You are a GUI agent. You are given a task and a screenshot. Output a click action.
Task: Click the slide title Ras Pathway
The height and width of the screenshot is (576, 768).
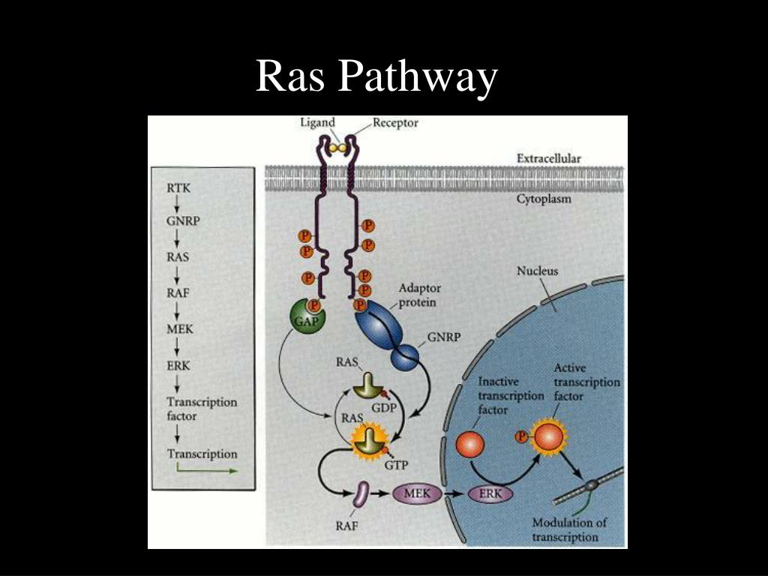pyautogui.click(x=376, y=77)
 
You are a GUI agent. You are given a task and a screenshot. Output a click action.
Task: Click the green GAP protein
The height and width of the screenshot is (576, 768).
pyautogui.click(x=304, y=319)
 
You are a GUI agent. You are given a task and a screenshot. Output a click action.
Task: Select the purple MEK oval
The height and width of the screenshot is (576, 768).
pyautogui.click(x=416, y=493)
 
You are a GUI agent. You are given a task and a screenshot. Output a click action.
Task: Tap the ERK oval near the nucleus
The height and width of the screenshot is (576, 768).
pyautogui.click(x=490, y=494)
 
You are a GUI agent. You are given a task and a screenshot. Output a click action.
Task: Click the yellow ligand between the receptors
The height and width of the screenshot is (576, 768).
pyautogui.click(x=337, y=148)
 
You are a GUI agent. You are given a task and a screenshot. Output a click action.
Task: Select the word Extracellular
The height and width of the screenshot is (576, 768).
pyautogui.click(x=548, y=158)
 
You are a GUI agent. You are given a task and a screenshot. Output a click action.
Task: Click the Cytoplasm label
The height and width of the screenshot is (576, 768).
pyautogui.click(x=544, y=199)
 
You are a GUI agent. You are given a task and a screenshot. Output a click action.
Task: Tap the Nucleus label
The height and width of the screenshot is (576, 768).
pyautogui.click(x=537, y=271)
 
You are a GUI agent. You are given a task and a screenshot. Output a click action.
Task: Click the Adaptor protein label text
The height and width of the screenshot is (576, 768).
pyautogui.click(x=419, y=295)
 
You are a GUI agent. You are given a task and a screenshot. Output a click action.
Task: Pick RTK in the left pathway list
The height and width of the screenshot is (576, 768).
pyautogui.click(x=178, y=188)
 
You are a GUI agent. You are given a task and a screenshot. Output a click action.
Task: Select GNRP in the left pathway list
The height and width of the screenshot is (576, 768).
pyautogui.click(x=183, y=222)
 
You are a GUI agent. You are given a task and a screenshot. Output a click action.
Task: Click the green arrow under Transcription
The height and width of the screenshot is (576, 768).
pyautogui.click(x=207, y=470)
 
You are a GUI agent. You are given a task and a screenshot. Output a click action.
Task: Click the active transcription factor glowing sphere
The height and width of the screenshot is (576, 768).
pyautogui.click(x=547, y=436)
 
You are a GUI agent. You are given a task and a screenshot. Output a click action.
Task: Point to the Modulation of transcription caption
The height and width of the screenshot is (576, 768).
pyautogui.click(x=569, y=529)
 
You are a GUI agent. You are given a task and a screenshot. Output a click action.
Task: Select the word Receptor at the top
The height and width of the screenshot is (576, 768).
pyautogui.click(x=395, y=123)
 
